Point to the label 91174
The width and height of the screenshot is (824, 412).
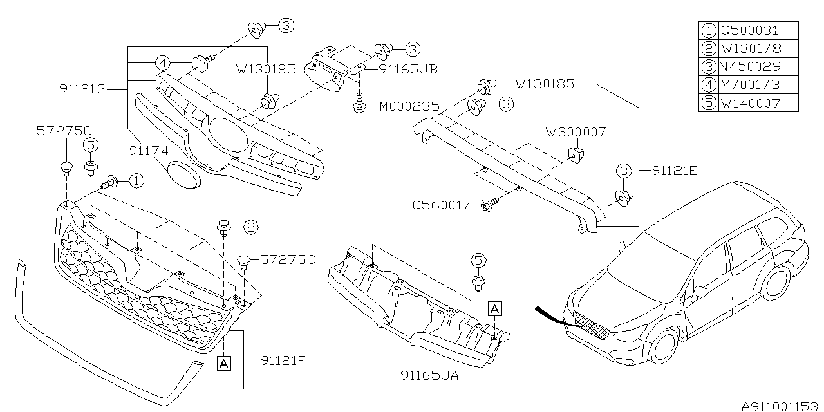pos(149,151)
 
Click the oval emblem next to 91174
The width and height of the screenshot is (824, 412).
pos(183,174)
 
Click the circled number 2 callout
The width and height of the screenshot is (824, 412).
pos(250,226)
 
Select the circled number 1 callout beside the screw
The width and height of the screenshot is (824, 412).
pos(136,182)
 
